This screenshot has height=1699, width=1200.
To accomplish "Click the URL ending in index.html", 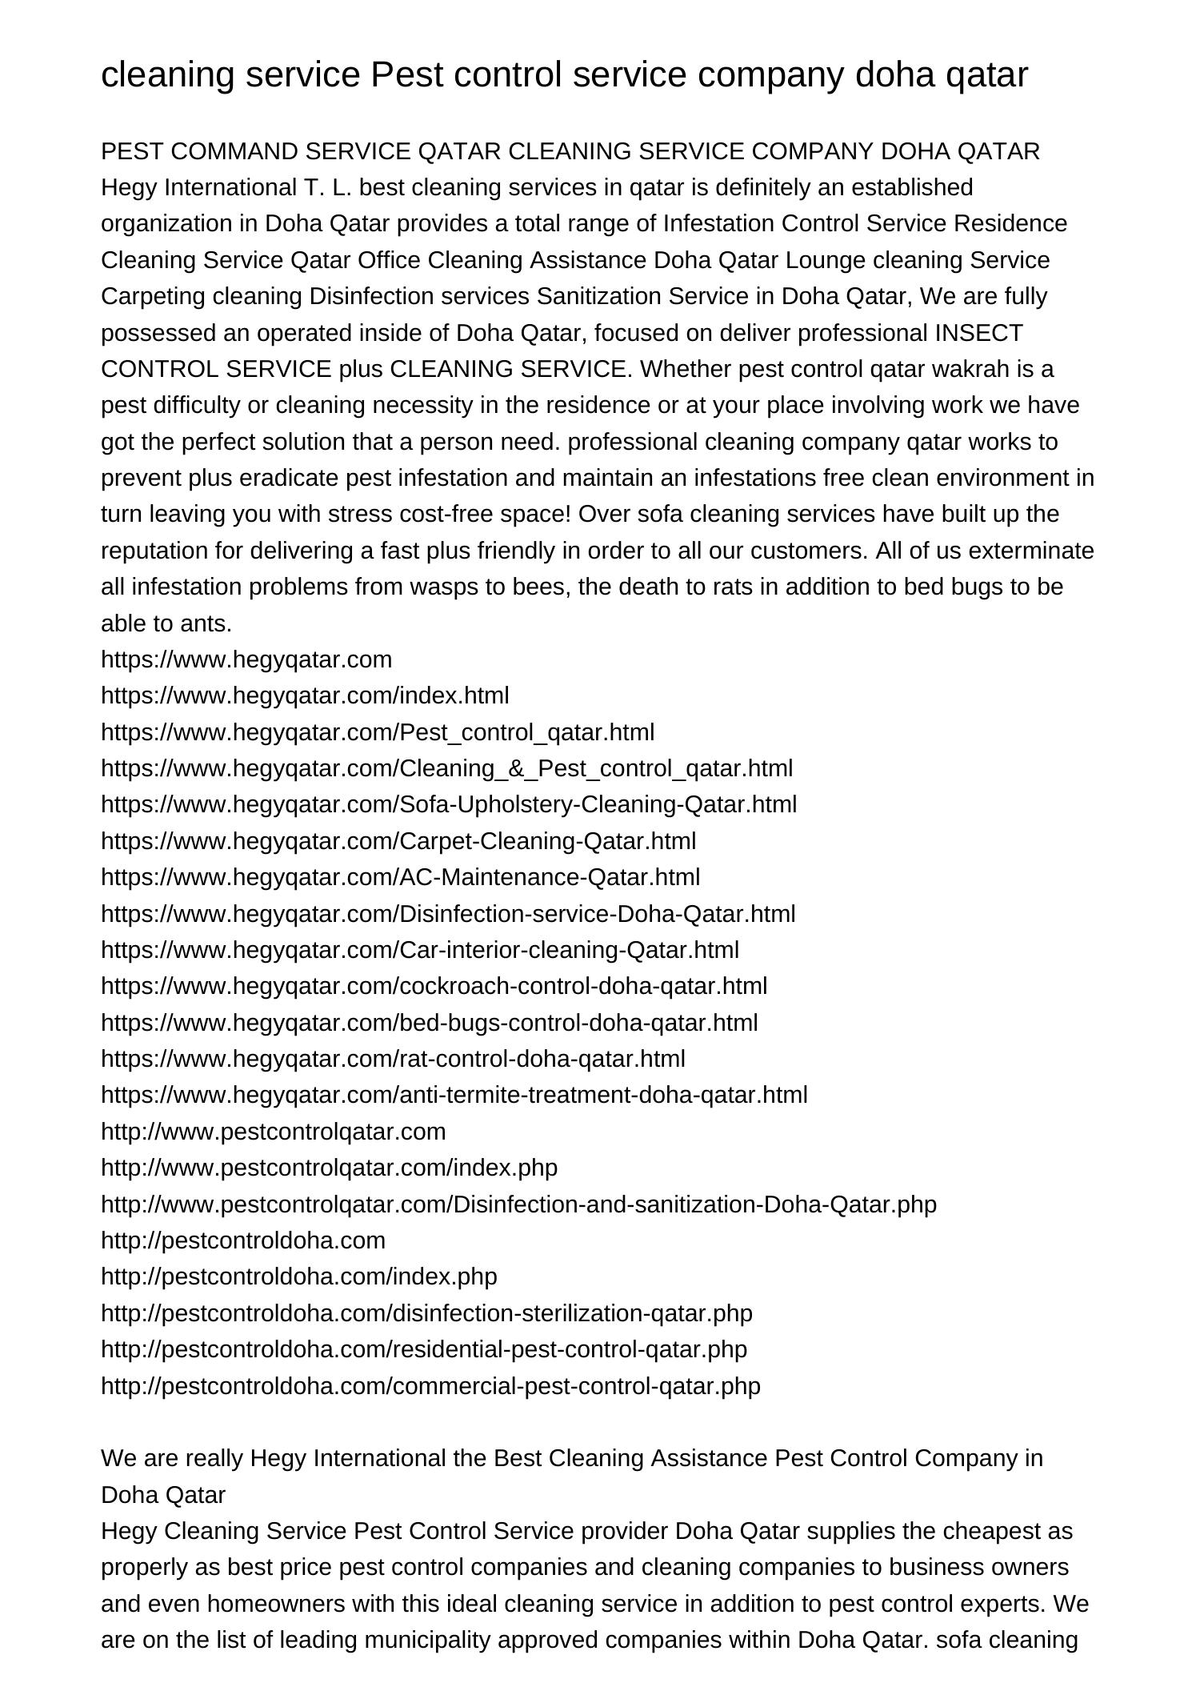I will pyautogui.click(x=305, y=695).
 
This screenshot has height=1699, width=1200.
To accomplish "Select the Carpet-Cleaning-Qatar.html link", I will pyautogui.click(x=398, y=841).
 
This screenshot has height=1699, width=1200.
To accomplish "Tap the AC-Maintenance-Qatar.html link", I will pyautogui.click(x=400, y=877).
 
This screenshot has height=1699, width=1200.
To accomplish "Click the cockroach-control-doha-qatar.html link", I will pyautogui.click(x=434, y=986).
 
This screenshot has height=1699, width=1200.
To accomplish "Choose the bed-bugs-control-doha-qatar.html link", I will pyautogui.click(x=429, y=1023).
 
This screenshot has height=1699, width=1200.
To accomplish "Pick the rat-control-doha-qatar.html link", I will pyautogui.click(x=393, y=1059).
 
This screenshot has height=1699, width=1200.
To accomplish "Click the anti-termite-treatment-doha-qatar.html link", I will pyautogui.click(x=454, y=1095).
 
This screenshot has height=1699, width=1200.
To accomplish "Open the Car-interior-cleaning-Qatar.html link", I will pyautogui.click(x=420, y=950).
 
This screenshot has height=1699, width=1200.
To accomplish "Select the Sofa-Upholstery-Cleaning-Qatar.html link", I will pyautogui.click(x=449, y=804).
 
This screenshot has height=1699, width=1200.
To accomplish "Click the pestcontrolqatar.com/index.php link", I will pyautogui.click(x=329, y=1168).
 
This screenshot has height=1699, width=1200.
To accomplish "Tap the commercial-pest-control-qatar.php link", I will pyautogui.click(x=430, y=1386).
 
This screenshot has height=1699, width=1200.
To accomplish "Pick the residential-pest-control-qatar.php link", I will pyautogui.click(x=424, y=1349).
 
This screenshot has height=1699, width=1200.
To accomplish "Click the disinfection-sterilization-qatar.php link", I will pyautogui.click(x=426, y=1313).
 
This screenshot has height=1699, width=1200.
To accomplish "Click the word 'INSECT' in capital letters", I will pyautogui.click(x=978, y=333).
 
